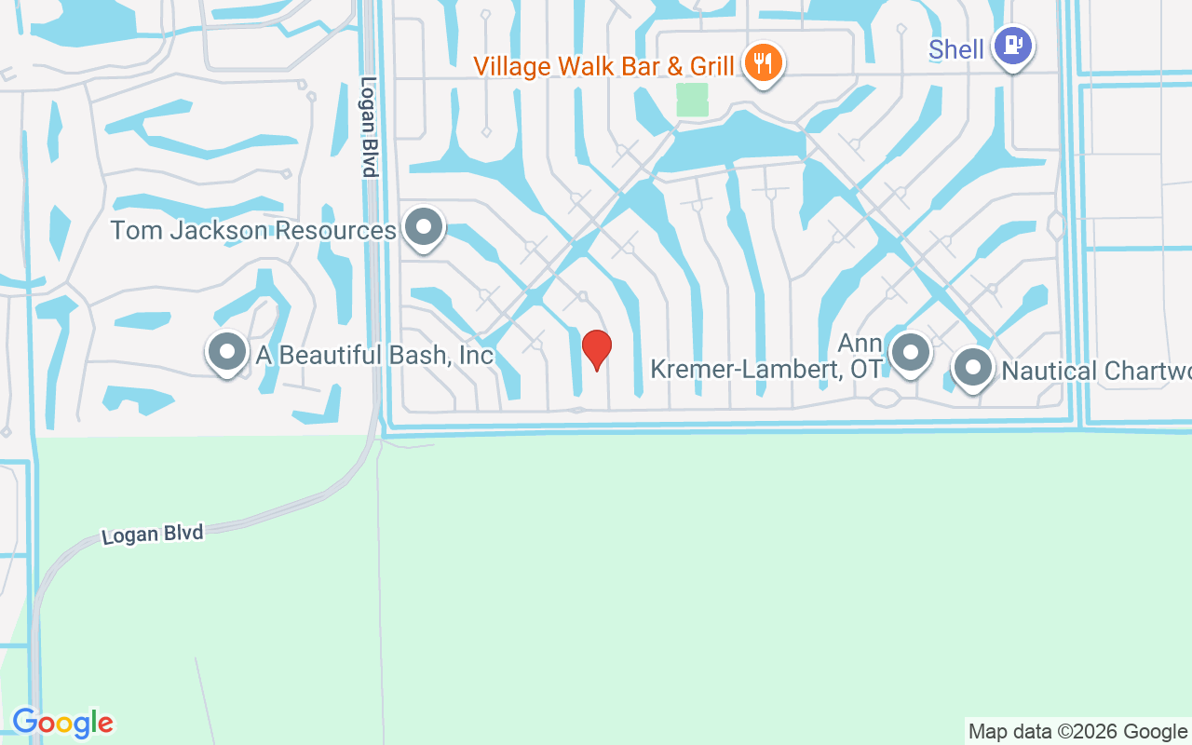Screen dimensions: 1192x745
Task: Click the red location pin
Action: (x=596, y=349)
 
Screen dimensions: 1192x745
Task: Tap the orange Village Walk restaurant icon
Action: (x=764, y=63)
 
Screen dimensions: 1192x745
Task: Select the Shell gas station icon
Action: (x=1012, y=45)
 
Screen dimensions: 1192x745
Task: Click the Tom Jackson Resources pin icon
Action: (x=425, y=226)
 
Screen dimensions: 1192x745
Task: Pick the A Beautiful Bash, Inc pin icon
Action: (x=226, y=352)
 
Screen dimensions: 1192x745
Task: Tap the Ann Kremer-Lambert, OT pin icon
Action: (x=910, y=352)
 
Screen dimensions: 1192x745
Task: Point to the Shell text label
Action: (x=955, y=49)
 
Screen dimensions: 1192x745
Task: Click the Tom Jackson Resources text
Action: (x=253, y=230)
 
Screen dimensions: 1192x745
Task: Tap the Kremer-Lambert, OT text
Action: (x=765, y=369)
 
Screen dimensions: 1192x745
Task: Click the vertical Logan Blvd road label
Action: (x=369, y=127)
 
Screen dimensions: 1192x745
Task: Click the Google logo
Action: (x=62, y=723)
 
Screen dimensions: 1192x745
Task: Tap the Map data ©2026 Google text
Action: (x=1077, y=732)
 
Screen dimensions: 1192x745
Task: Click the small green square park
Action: (x=692, y=100)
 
